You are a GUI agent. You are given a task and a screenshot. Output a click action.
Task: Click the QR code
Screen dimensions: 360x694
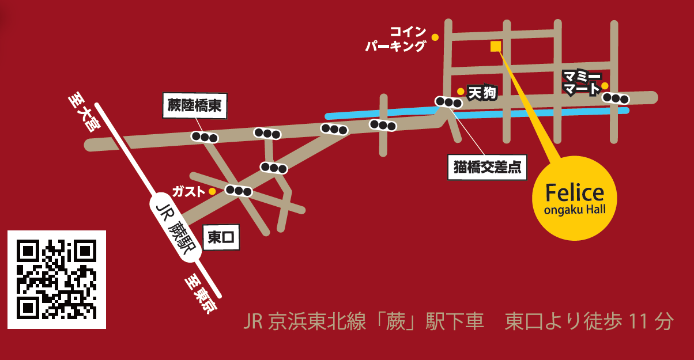(x=56, y=279)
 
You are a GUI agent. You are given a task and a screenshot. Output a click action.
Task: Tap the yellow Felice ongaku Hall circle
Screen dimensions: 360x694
(x=574, y=198)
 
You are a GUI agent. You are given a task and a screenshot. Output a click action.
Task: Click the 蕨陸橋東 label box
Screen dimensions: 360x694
(x=195, y=105)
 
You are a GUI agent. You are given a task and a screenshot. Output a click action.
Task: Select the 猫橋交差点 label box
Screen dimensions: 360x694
(x=487, y=167)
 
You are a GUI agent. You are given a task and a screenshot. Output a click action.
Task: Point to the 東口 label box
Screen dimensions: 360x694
(x=221, y=237)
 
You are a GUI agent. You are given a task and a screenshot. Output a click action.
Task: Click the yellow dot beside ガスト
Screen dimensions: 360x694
(x=212, y=191)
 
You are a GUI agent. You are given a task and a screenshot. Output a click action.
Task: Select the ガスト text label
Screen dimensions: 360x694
(x=188, y=191)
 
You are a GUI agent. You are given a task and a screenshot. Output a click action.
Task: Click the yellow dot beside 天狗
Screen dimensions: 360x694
(x=461, y=91)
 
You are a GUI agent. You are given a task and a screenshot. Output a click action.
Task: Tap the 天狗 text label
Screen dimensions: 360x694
(x=482, y=93)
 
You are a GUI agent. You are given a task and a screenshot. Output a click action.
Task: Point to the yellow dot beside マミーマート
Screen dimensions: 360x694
(x=605, y=86)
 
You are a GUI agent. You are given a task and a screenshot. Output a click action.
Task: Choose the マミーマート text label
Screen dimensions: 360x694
(x=582, y=83)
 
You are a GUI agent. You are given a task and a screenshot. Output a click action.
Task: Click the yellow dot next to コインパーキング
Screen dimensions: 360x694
(x=435, y=37)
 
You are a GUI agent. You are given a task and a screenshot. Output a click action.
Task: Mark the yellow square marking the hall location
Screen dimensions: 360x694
(x=495, y=46)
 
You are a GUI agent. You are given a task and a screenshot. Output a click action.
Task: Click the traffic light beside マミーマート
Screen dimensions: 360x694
(x=616, y=98)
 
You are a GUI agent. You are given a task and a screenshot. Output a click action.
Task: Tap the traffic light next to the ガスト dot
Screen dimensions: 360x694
(x=239, y=191)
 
